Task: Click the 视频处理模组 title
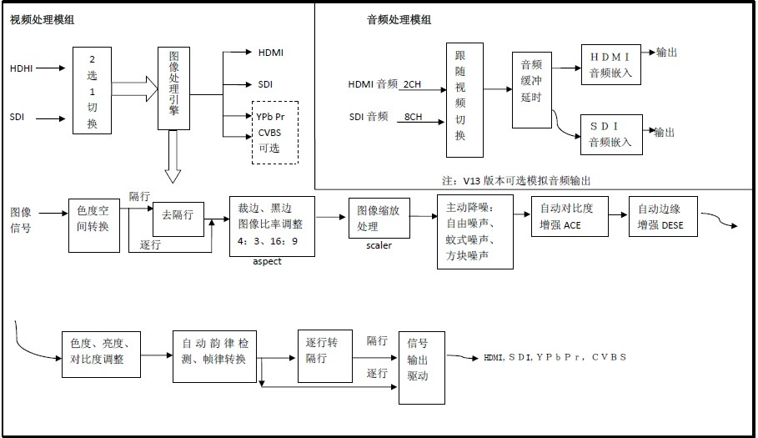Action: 42,19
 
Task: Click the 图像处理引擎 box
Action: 172,88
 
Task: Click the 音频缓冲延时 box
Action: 532,89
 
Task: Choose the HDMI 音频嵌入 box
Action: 611,64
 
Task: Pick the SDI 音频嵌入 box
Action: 611,133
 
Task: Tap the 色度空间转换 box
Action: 93,219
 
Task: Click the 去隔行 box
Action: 178,215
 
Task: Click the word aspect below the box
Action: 268,262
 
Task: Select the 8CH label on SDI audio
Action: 411,116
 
